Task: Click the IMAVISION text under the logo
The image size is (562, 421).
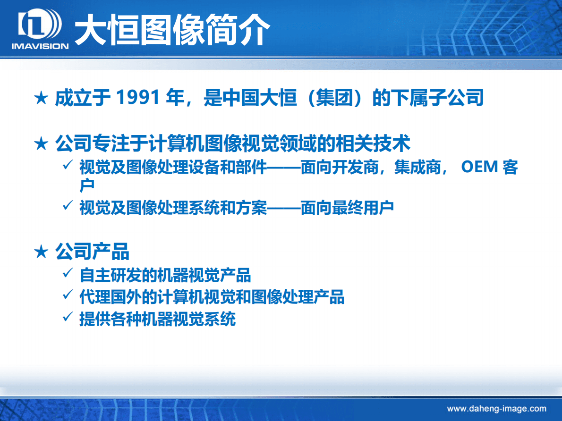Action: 40,46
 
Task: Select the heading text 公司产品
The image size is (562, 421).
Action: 92,252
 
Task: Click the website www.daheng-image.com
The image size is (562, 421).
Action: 496,409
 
